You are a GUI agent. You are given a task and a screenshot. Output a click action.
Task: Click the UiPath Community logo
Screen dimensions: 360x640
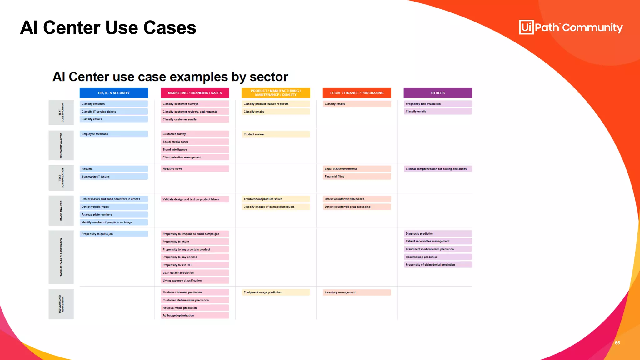tap(571, 27)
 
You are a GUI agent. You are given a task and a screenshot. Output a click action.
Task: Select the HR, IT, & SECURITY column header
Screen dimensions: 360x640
tap(114, 93)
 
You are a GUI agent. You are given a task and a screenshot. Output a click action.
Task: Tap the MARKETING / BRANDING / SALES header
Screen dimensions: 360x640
tap(195, 93)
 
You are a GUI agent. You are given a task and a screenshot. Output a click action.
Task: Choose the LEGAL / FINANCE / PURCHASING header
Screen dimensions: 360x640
tap(357, 93)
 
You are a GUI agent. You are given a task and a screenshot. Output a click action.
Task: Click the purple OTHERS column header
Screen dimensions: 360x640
tap(437, 93)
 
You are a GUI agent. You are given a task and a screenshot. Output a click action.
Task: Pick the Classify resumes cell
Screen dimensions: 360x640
tap(114, 104)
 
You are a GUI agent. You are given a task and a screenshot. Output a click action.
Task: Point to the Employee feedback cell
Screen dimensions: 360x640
tap(114, 134)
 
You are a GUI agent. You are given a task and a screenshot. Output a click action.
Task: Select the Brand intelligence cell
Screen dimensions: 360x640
tap(195, 149)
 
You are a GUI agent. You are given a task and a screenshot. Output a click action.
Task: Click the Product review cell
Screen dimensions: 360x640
tap(275, 134)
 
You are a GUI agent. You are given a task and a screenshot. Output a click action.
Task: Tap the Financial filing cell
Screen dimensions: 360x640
tap(357, 177)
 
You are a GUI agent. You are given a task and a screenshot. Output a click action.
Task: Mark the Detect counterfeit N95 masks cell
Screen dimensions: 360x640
tap(357, 199)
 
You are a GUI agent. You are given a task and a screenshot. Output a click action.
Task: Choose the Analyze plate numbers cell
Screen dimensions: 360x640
tap(114, 215)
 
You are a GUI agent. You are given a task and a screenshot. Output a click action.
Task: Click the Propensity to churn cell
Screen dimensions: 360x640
tap(195, 242)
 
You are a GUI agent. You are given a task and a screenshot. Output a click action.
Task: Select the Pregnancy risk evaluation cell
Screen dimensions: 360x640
tap(437, 104)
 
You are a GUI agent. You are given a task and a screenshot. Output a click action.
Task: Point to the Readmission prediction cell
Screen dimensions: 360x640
tap(437, 257)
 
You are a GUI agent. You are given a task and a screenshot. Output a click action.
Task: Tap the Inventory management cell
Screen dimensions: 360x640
tap(357, 292)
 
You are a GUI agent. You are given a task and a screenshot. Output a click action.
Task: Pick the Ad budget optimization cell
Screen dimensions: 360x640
tap(195, 316)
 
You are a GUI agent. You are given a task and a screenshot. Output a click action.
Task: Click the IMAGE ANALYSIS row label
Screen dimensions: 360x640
tap(61, 211)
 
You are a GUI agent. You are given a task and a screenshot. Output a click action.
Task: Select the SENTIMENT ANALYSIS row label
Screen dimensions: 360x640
tap(61, 145)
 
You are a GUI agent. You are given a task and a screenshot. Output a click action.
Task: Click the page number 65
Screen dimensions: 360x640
tap(617, 343)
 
